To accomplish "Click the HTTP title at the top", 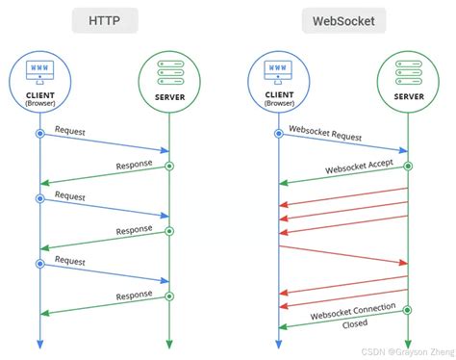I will [x=104, y=20].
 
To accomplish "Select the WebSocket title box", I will [x=344, y=20].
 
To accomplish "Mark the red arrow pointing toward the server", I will [x=343, y=254].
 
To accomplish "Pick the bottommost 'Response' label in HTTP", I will [x=134, y=294].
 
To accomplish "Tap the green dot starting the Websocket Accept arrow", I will [x=409, y=166].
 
